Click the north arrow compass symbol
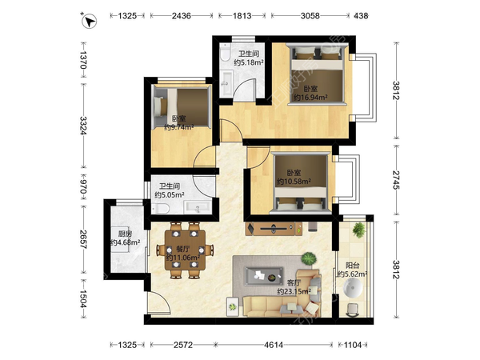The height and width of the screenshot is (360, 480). click(89, 21)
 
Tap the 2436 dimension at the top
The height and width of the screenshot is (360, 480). click(182, 16)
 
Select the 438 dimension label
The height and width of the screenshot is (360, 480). click(361, 16)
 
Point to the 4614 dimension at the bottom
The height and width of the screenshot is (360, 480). click(274, 345)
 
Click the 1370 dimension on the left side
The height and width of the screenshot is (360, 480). click(83, 60)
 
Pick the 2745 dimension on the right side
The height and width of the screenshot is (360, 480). click(396, 180)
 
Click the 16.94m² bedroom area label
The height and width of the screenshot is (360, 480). click(310, 98)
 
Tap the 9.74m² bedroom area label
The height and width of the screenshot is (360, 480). click(179, 127)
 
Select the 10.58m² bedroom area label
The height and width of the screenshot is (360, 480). click(294, 182)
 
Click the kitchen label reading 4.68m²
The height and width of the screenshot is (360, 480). click(125, 242)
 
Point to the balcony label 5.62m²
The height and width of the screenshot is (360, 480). click(352, 274)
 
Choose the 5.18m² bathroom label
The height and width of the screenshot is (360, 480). click(249, 62)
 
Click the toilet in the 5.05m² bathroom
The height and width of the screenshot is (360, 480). click(161, 209)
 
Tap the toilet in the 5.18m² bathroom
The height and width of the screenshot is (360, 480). click(226, 52)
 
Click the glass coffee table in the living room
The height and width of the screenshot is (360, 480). click(263, 277)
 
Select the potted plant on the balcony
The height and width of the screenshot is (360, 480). click(358, 230)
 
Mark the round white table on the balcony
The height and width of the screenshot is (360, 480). click(353, 288)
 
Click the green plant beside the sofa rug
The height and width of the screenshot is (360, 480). click(308, 258)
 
